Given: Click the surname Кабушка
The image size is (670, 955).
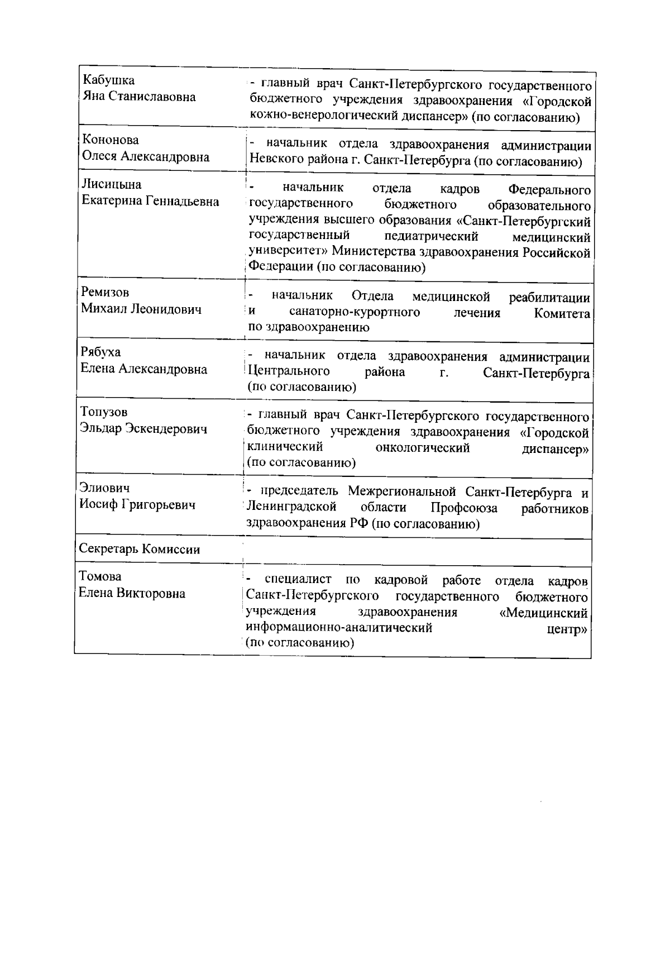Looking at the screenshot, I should tap(108, 80).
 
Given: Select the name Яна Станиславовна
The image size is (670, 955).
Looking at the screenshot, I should tap(139, 97).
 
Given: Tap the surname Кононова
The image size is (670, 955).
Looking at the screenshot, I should tap(111, 140).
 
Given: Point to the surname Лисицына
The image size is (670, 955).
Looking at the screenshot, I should tap(111, 184).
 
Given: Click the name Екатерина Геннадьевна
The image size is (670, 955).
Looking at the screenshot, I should tap(150, 201).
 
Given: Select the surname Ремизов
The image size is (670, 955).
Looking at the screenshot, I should tap(105, 292).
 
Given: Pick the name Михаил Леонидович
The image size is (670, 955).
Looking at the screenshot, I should tap(141, 309).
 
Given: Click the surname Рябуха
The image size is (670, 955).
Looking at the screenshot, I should tap(100, 352).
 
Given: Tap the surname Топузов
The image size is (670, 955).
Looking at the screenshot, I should tap(104, 412).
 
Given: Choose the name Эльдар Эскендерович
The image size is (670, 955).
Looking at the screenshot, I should tap(143, 429).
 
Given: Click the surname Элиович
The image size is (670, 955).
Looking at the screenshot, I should tap(104, 488).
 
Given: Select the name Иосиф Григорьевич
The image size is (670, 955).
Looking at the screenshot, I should tap(137, 505).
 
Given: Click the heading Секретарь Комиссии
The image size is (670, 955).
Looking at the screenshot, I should tap(140, 549).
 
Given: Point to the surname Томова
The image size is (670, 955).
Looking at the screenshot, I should tap(100, 576).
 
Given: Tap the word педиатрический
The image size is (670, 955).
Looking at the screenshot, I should tap(431, 237).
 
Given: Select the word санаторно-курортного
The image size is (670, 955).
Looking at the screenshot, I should tap(355, 312).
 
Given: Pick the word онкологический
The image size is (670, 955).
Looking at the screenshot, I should tap(423, 448).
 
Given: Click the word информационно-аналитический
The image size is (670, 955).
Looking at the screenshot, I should tap(339, 628).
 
